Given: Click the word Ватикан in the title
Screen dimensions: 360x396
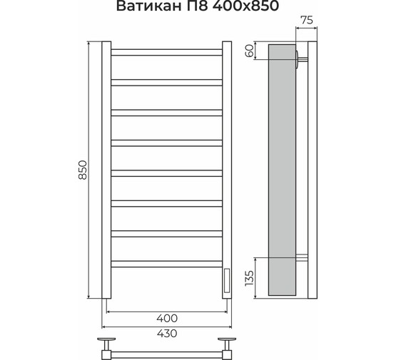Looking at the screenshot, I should click(x=146, y=8).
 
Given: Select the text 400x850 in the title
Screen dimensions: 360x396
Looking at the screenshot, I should click(x=239, y=8).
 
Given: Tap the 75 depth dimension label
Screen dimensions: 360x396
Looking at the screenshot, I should click(x=306, y=20).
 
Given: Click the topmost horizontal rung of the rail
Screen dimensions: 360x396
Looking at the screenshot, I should click(x=167, y=51).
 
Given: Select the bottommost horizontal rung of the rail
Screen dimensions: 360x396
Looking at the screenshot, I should click(x=167, y=263).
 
